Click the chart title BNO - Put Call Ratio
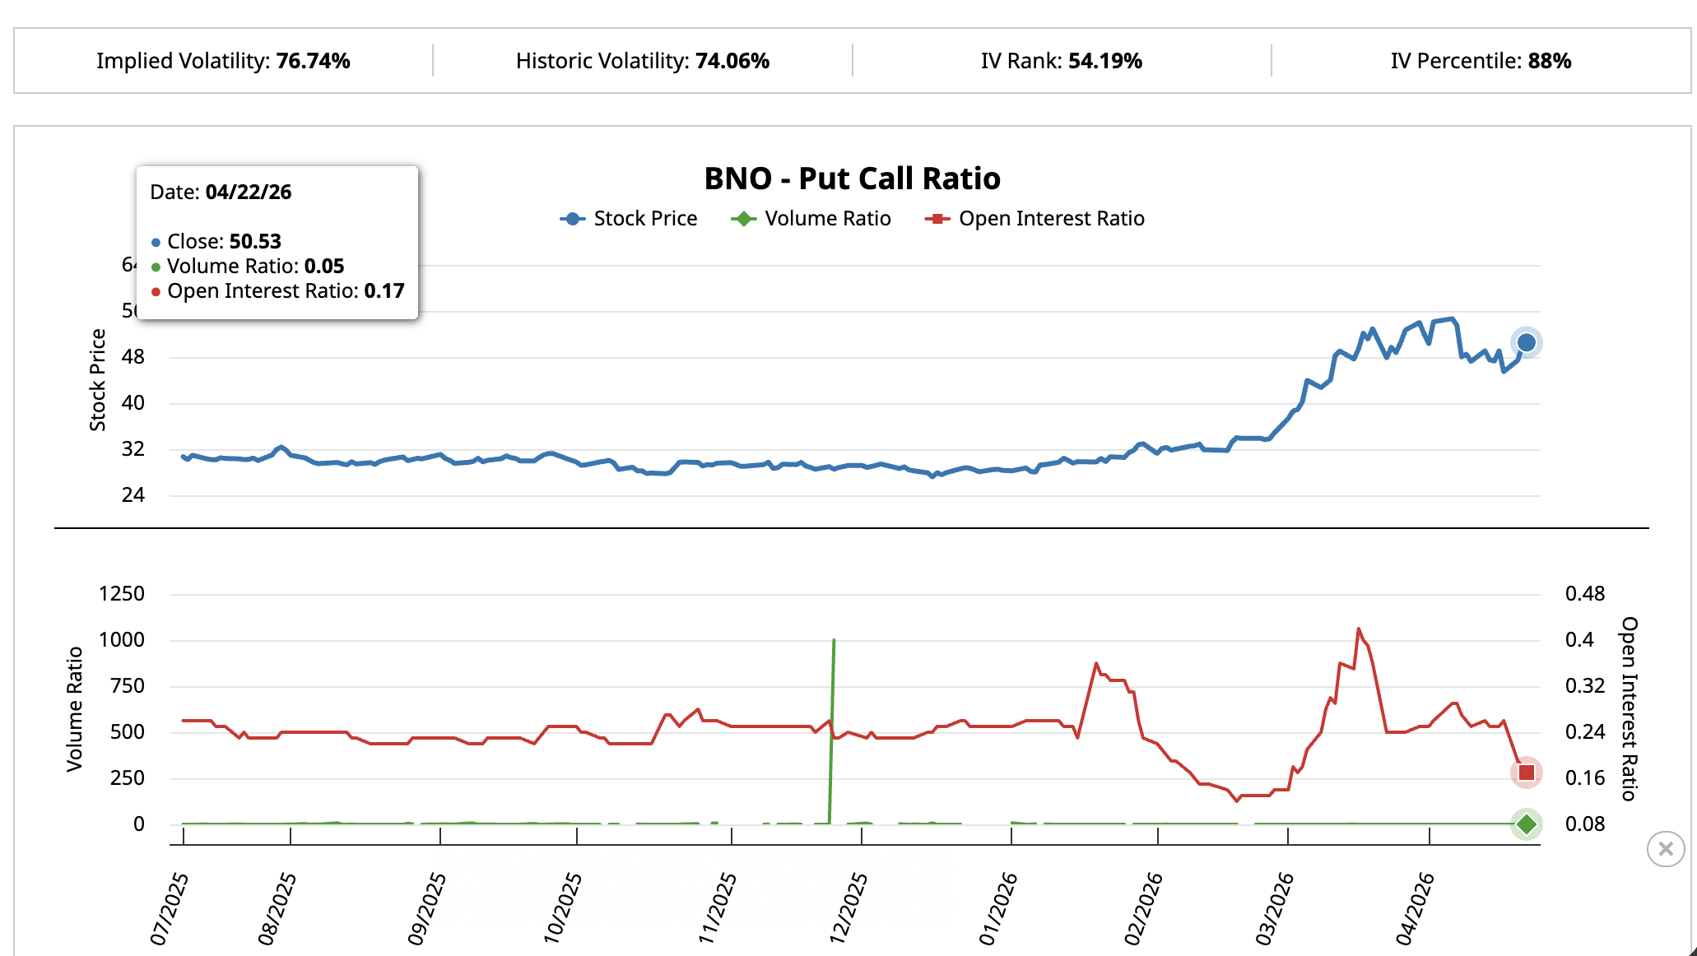(852, 179)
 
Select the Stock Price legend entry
(630, 219)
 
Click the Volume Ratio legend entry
(811, 219)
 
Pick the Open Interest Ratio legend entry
(1035, 219)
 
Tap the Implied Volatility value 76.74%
(313, 61)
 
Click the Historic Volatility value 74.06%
(732, 61)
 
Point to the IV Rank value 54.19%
(1104, 61)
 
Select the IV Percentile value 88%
(1549, 61)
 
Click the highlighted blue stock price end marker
(1526, 342)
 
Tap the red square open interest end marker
(1526, 773)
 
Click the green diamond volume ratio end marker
(1526, 824)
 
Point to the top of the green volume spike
(834, 640)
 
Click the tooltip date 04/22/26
(248, 193)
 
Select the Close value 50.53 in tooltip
(255, 242)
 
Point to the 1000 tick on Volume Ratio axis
(122, 640)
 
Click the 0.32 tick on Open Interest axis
(1584, 686)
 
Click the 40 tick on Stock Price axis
(133, 403)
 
